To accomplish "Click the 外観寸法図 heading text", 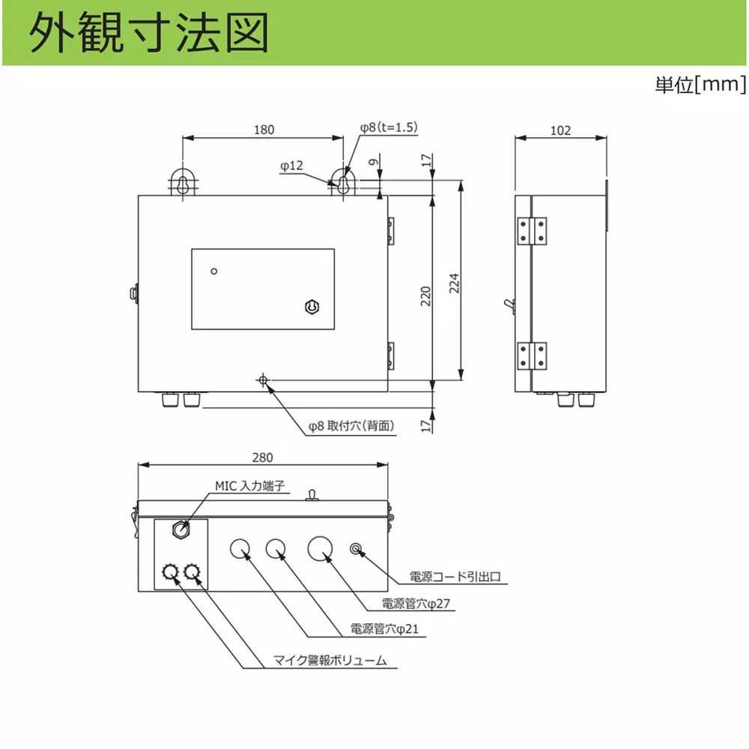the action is [x=149, y=32].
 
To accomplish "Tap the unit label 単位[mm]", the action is [x=700, y=85].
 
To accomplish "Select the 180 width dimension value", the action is [x=264, y=130].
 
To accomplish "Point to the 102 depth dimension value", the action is [x=560, y=130].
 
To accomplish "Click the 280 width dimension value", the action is [x=262, y=458].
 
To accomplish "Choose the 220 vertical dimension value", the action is [x=425, y=296].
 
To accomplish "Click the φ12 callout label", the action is [x=291, y=166].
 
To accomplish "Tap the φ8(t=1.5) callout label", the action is [x=389, y=127].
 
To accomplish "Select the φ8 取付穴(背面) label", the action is [x=351, y=425].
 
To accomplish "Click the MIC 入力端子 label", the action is [x=250, y=486].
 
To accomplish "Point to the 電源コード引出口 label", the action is [x=455, y=577].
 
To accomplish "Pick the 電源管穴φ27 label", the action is [x=416, y=604].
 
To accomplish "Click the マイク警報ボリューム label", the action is [x=330, y=660].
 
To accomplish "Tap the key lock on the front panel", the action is [x=312, y=306].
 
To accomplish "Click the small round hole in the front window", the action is [x=214, y=271].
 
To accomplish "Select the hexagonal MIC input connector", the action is [x=181, y=530].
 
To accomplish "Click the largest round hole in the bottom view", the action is [x=320, y=548].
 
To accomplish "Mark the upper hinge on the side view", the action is [x=532, y=231].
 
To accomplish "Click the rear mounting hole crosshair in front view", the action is [x=263, y=380].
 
